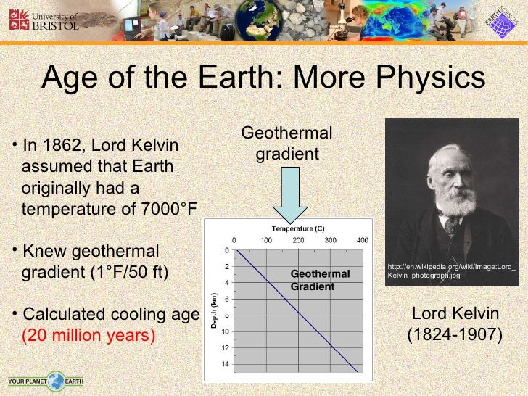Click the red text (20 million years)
click(x=88, y=336)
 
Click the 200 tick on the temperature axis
click(x=298, y=240)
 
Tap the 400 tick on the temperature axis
click(x=363, y=240)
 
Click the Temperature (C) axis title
click(x=297, y=228)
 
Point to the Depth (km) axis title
click(x=215, y=310)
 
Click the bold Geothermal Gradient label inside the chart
click(x=320, y=280)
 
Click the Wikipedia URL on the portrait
click(x=452, y=271)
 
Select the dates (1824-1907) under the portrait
click(x=455, y=336)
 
